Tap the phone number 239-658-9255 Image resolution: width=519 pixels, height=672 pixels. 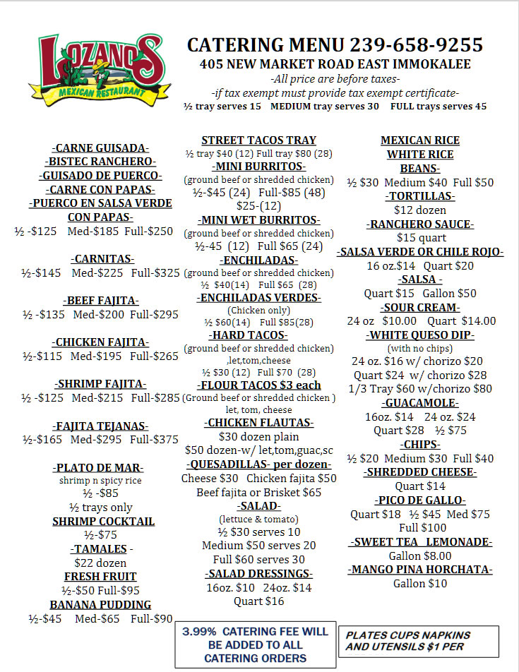click(416, 45)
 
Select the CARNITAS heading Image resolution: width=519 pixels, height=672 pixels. click(102, 258)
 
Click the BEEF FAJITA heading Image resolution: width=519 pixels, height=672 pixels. click(102, 300)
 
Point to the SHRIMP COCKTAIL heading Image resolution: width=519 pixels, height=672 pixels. click(103, 522)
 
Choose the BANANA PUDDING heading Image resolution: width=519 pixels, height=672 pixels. click(100, 605)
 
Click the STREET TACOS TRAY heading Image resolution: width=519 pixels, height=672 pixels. click(258, 140)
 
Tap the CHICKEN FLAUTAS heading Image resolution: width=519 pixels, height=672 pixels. click(258, 423)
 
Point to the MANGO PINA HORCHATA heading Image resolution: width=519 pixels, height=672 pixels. click(420, 569)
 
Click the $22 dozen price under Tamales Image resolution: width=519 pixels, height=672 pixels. click(100, 563)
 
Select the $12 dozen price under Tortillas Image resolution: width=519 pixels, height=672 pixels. click(419, 210)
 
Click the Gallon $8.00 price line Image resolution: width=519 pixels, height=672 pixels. click(419, 556)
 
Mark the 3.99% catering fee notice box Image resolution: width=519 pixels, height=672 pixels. click(255, 644)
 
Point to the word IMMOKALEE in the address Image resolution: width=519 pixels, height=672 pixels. click(431, 64)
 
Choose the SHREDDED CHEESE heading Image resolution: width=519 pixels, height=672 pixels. click(420, 472)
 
